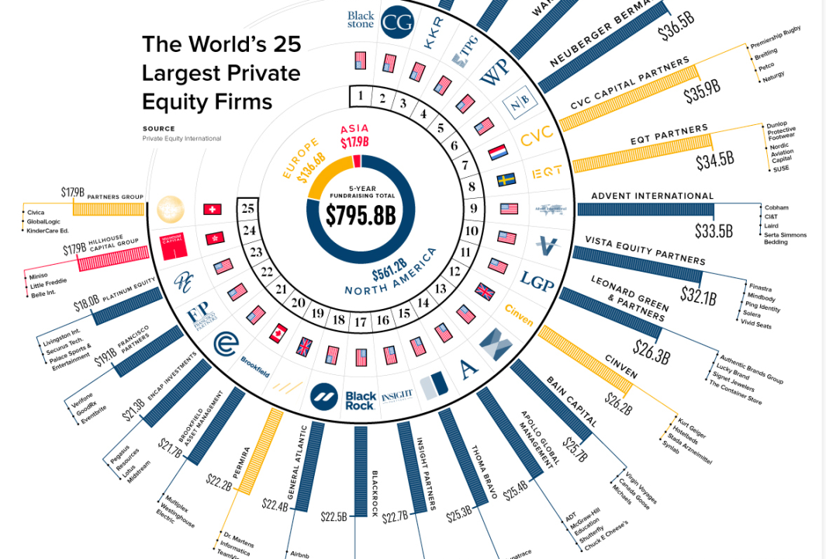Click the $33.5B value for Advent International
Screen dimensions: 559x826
(714, 231)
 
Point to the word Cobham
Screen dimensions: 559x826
(776, 207)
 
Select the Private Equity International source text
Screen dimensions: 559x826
(181, 139)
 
